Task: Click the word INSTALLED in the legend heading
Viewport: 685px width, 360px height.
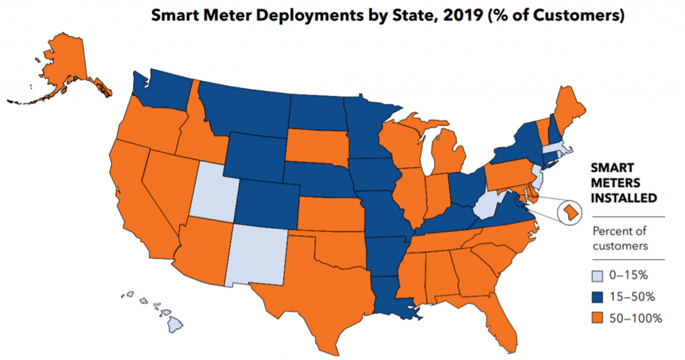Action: click(625, 198)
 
